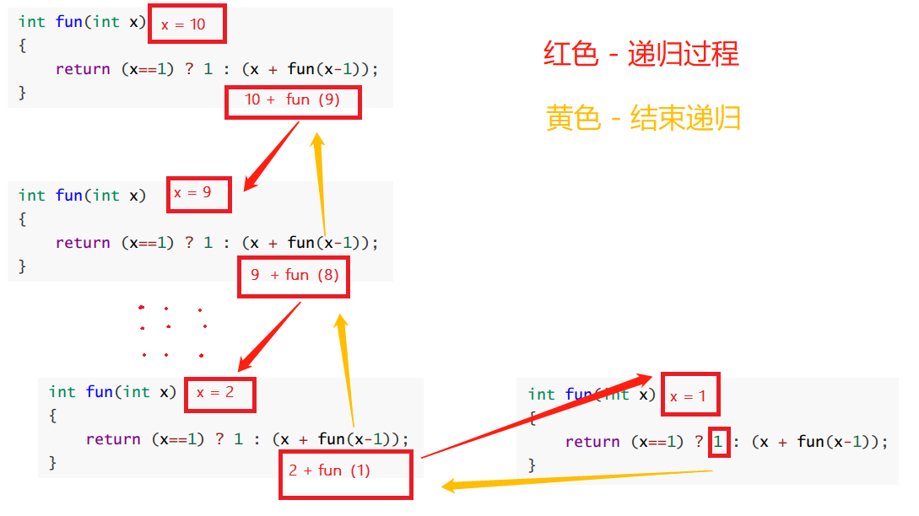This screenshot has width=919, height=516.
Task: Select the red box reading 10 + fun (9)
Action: (293, 101)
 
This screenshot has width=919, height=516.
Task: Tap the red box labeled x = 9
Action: (199, 195)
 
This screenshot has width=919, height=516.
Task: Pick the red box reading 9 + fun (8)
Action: (294, 276)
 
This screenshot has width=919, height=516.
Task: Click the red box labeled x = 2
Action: (220, 394)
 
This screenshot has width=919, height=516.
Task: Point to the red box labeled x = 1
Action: (690, 395)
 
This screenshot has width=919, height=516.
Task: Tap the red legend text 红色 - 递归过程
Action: (641, 55)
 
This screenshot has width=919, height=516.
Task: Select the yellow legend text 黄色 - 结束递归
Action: (643, 118)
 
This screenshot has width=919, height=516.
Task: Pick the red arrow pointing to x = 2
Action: (269, 336)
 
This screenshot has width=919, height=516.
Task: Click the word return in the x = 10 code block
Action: (83, 69)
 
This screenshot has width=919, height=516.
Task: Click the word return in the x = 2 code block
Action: (113, 439)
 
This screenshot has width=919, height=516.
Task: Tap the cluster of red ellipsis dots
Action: (172, 331)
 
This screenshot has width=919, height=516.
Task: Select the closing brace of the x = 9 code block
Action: (23, 266)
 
